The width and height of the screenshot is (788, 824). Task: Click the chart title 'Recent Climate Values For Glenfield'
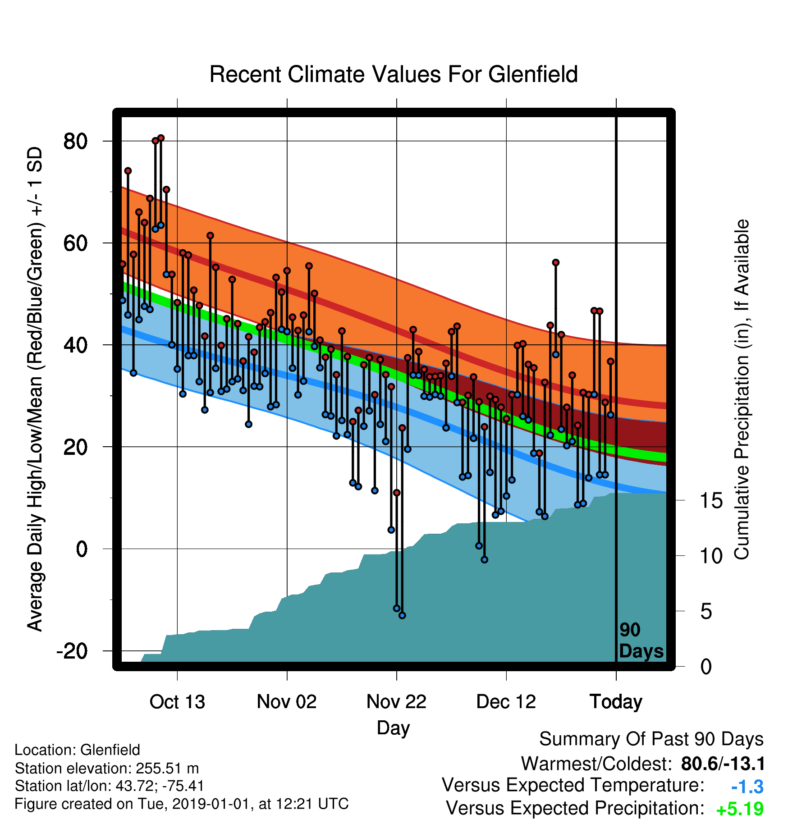[394, 74]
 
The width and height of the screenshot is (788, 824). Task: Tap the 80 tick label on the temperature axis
[76, 142]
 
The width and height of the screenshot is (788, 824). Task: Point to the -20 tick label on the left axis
[72, 651]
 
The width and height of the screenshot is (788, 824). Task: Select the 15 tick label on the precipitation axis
[711, 500]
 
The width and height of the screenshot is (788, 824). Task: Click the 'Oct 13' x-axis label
[177, 702]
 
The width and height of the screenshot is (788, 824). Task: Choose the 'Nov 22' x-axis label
[397, 702]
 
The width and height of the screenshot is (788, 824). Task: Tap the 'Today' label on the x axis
[616, 702]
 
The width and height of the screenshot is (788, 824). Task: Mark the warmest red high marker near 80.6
[161, 138]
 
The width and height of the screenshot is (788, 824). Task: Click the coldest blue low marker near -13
[402, 615]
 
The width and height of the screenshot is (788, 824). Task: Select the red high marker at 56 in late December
[556, 262]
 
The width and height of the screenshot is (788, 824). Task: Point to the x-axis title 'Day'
[394, 728]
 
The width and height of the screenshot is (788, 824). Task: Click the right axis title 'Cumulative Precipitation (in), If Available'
[742, 389]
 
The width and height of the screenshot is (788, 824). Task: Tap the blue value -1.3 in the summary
[747, 787]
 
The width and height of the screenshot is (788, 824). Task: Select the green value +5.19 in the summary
[740, 809]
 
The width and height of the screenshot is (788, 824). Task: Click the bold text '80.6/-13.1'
[723, 764]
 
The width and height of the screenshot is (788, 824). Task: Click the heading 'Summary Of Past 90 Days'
[651, 739]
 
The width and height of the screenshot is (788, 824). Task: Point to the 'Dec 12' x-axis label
[506, 702]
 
